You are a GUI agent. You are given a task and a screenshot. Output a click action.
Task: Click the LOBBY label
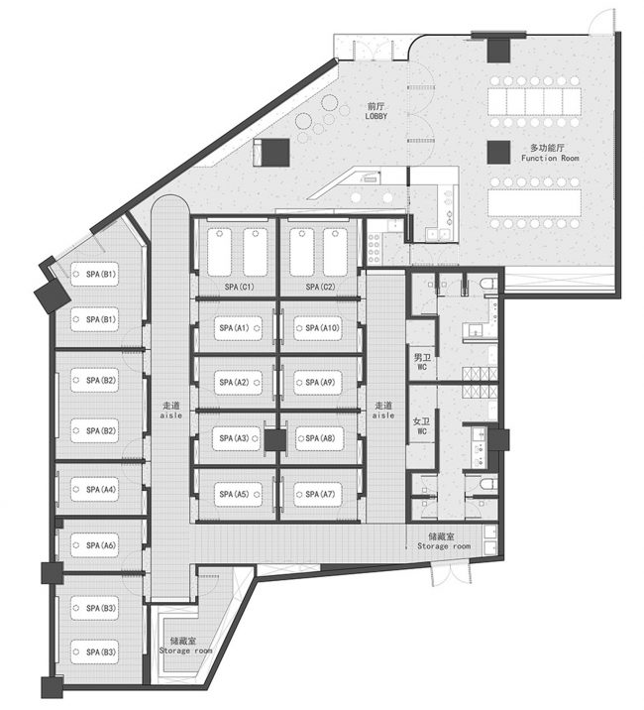click(375, 111)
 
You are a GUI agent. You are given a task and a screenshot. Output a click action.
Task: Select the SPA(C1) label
click(239, 287)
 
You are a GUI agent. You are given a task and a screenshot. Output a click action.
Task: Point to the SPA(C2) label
click(321, 287)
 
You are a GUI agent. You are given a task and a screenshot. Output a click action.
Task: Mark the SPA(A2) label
click(235, 383)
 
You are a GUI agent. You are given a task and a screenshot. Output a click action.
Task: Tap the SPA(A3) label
click(235, 437)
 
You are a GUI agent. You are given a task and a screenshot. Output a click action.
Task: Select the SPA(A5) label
click(235, 493)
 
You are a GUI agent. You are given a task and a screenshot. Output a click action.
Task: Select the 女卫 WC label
click(419, 427)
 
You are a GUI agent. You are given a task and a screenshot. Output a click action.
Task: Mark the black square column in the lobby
click(275, 152)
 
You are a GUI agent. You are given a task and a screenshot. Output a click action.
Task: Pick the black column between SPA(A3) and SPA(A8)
click(273, 437)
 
